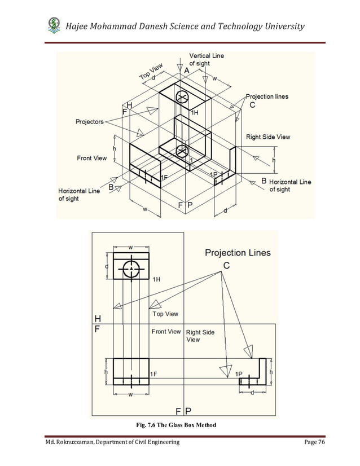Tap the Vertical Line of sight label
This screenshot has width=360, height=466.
tap(207, 60)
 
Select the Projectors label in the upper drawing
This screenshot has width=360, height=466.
tap(90, 122)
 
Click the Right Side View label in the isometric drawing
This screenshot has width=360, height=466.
tap(268, 137)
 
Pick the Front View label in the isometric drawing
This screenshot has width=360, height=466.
tap(91, 158)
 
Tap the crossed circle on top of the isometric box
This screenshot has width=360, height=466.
tap(182, 98)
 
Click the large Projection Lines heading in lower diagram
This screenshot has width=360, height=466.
tap(238, 253)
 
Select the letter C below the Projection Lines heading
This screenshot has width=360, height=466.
tap(226, 265)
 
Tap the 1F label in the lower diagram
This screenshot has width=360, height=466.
tap(155, 374)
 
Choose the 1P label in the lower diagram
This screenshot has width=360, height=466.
tap(239, 374)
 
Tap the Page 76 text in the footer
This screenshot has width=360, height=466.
tap(314, 443)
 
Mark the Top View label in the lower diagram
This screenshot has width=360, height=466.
tap(165, 314)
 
